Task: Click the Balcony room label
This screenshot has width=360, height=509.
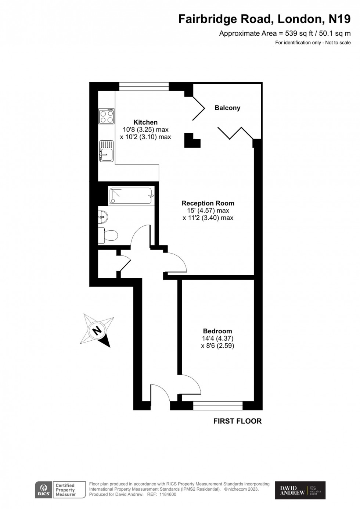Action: point(227,108)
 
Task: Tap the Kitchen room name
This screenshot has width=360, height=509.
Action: point(145,122)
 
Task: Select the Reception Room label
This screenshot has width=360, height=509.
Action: point(208,203)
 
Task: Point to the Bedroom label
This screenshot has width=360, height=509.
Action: point(217,331)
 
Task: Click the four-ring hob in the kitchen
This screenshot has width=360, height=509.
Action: point(106,116)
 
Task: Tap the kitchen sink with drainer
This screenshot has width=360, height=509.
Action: point(106,151)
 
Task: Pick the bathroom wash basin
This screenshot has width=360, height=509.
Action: point(103,217)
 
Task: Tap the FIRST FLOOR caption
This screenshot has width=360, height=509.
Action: point(237,421)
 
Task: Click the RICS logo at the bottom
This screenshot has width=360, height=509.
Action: point(43,490)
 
